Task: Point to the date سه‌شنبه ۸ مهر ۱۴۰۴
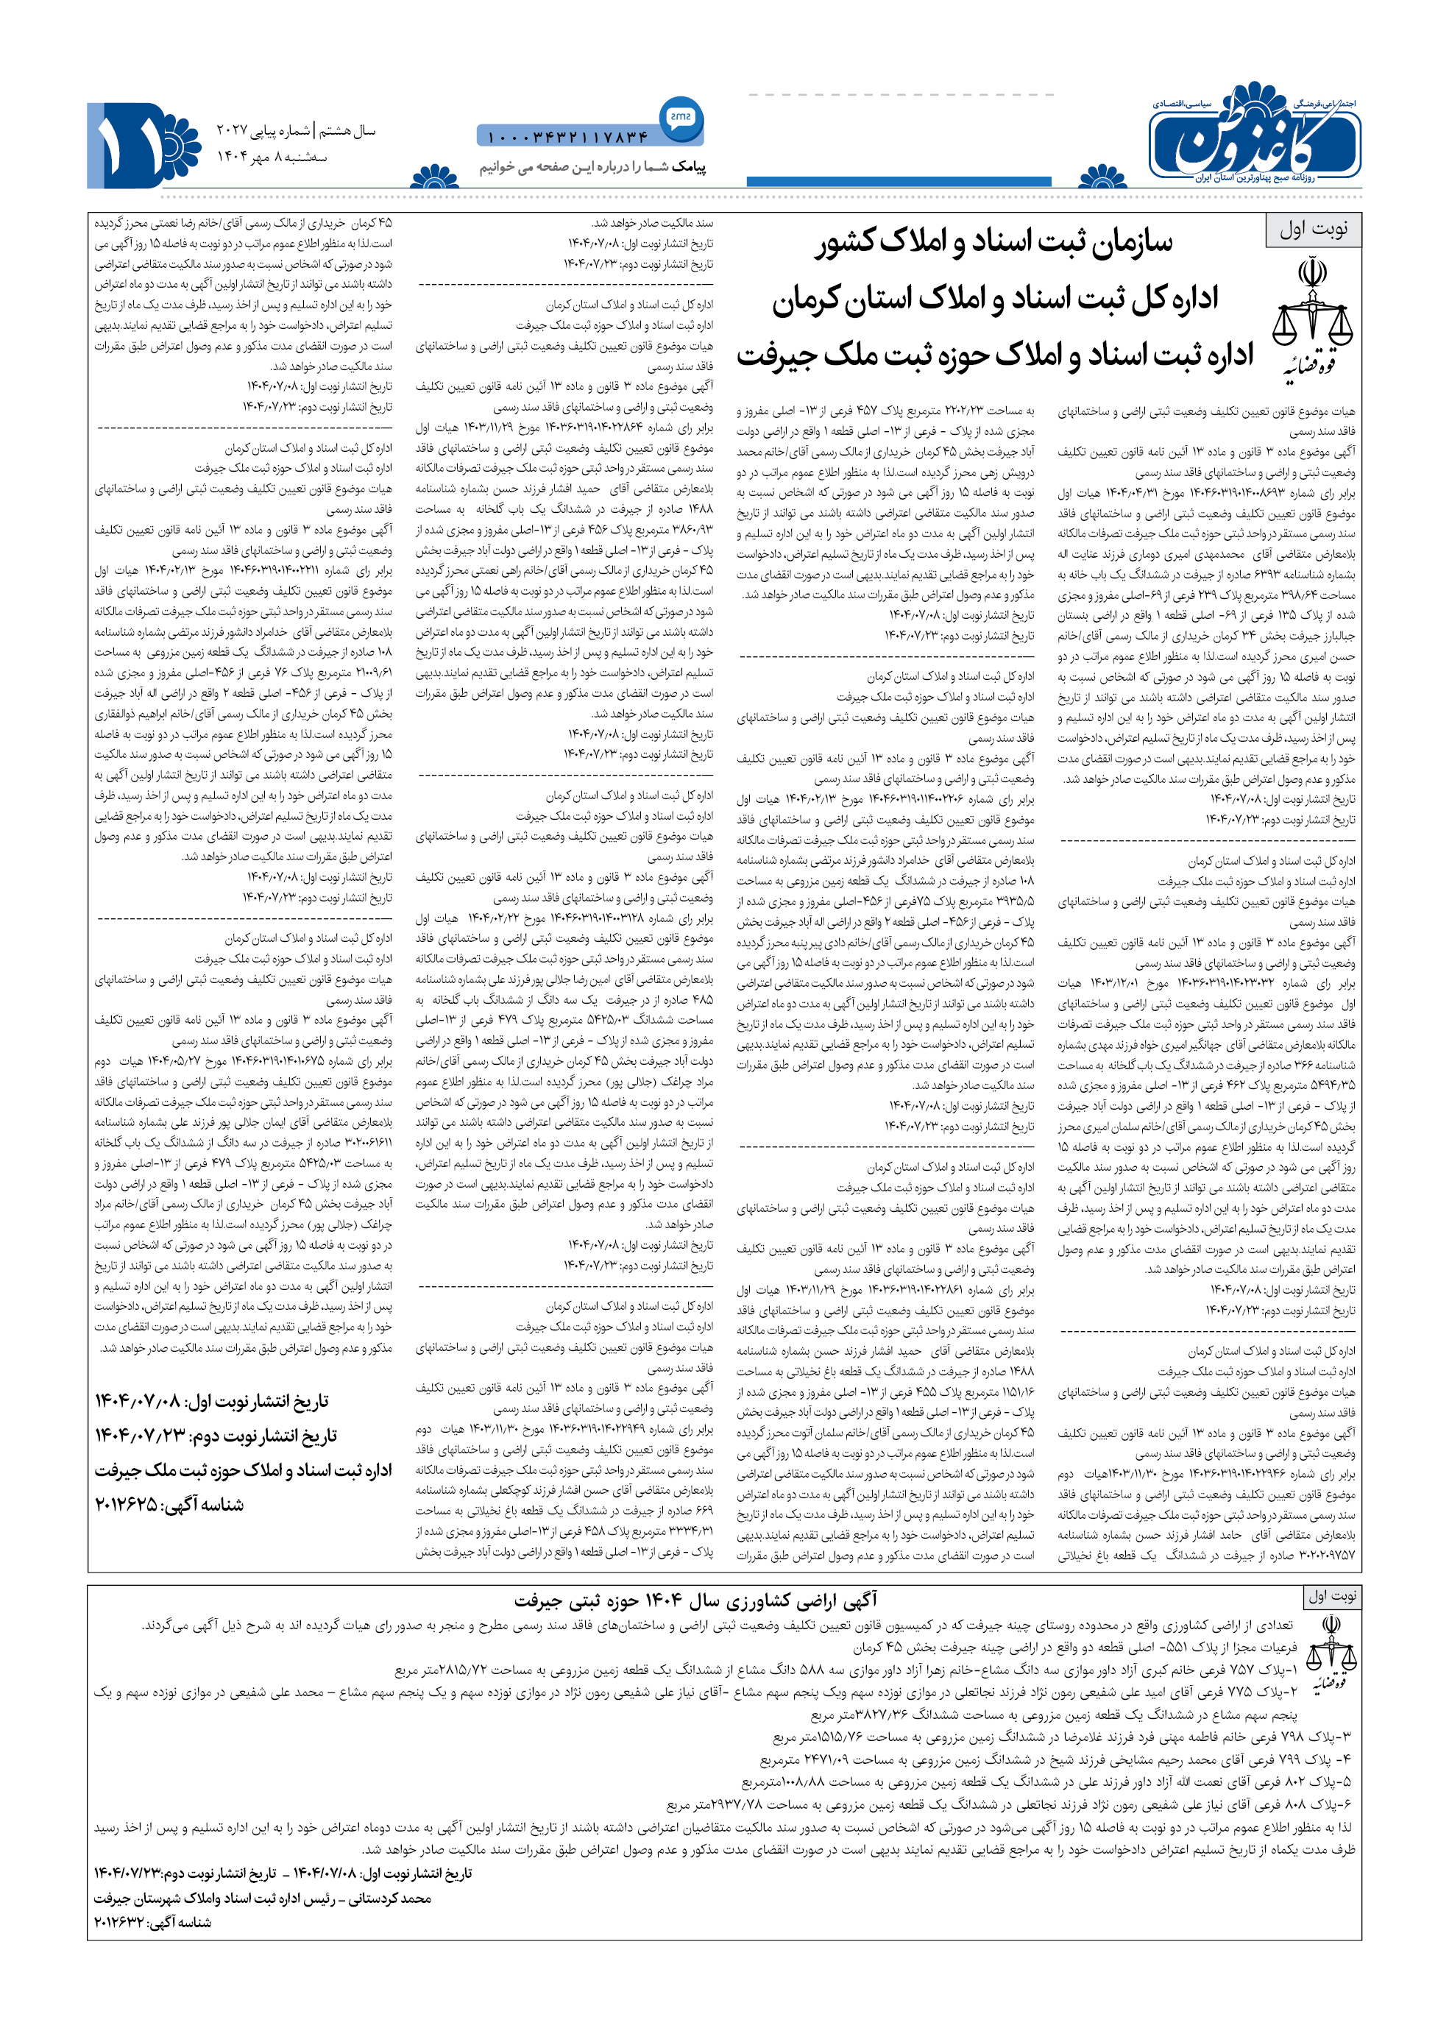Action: (x=272, y=157)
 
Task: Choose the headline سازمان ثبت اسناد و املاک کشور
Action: (x=993, y=243)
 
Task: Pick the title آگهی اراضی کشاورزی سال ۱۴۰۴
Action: (x=697, y=1600)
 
